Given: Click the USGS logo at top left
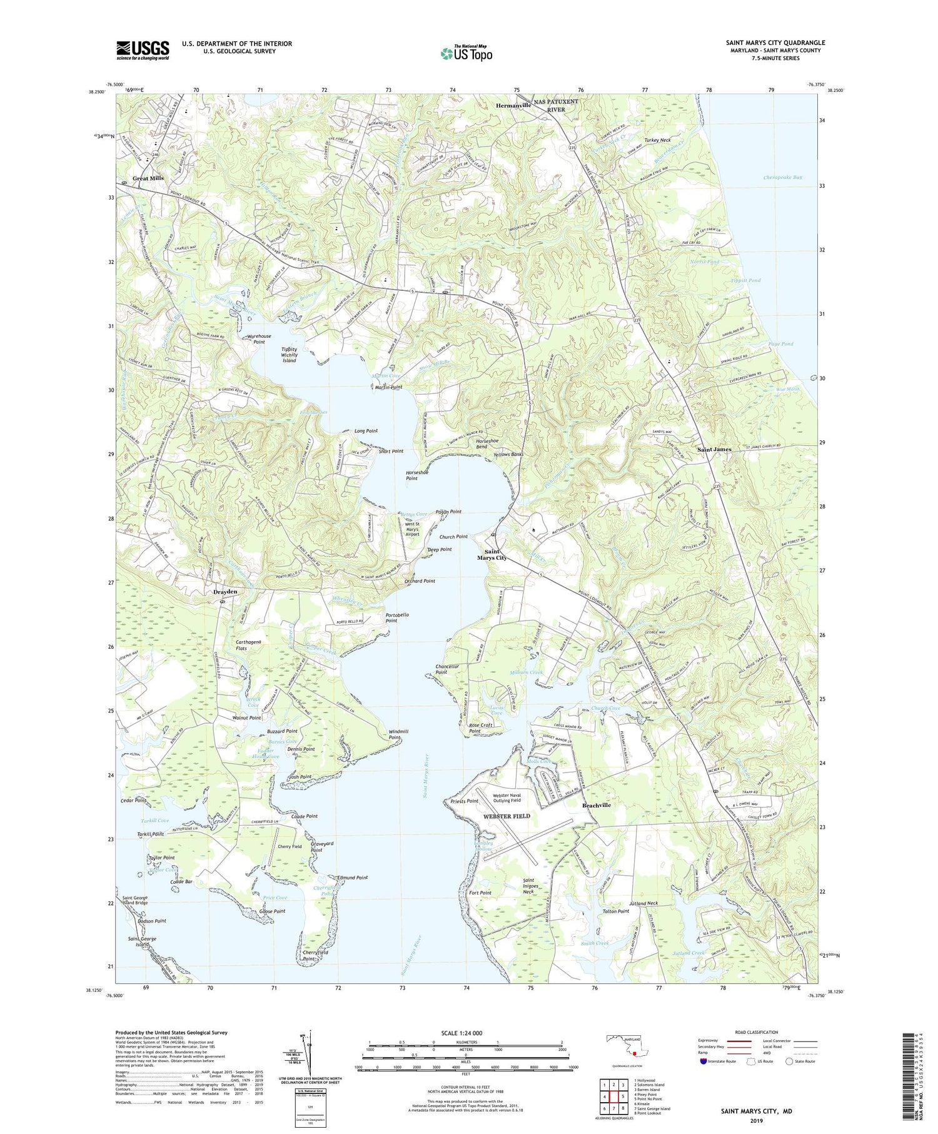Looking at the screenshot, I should pos(143,50).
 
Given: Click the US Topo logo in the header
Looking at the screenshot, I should pos(466,54).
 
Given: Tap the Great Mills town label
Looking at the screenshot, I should pos(148,178).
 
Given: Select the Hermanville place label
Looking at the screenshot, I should pos(513,106).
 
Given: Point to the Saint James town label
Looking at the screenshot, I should pos(714,449).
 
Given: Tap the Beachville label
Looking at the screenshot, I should pos(597,805).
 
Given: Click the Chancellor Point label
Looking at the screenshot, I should pos(448,669).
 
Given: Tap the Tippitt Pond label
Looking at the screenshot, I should pos(745,280).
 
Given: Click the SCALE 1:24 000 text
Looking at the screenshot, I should pos(465,1033).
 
